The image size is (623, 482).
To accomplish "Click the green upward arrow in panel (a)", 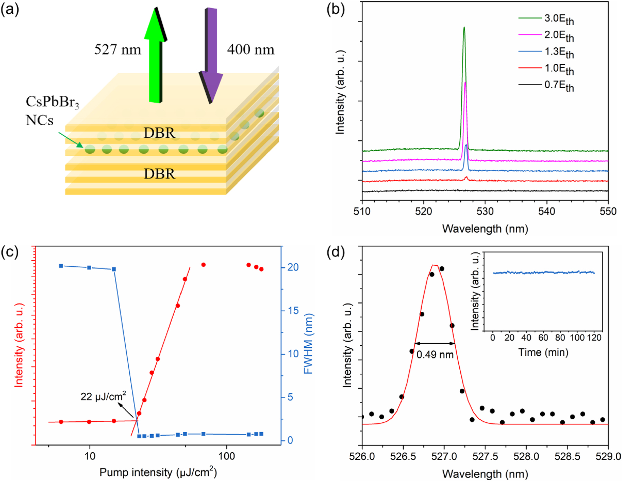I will (x=155, y=55).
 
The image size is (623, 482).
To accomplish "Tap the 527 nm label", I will (x=118, y=49).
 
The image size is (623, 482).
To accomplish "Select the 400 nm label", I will (x=250, y=49).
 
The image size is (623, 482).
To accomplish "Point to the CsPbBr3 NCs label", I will (x=52, y=111).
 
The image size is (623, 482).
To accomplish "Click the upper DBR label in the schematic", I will (x=159, y=133).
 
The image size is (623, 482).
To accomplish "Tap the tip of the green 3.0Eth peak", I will (x=464, y=27).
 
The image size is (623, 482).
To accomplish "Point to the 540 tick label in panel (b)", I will (x=547, y=211).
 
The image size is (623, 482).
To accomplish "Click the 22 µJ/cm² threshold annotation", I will (x=103, y=396).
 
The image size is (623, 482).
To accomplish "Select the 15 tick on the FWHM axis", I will (x=293, y=310).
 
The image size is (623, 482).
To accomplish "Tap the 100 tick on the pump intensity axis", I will (x=227, y=456).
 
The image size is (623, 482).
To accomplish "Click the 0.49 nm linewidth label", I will (x=435, y=354).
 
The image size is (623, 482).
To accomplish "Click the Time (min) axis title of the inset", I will (x=543, y=352).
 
